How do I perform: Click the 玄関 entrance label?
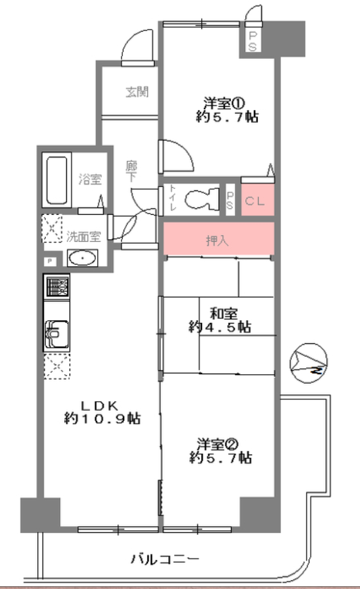pyautogui.click(x=137, y=92)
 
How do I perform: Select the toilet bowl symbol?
pyautogui.click(x=202, y=199)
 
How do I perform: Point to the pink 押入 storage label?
pyautogui.click(x=217, y=240)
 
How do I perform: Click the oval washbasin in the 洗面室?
pyautogui.click(x=82, y=258)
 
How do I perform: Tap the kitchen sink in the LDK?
pyautogui.click(x=57, y=334)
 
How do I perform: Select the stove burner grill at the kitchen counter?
pyautogui.click(x=57, y=287)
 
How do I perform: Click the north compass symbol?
pyautogui.click(x=309, y=363)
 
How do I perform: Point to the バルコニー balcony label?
pyautogui.click(x=165, y=559)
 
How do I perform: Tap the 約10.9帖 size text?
pyautogui.click(x=102, y=418)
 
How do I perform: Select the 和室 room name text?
pyautogui.click(x=224, y=313)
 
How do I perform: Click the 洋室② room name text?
pyautogui.click(x=218, y=444)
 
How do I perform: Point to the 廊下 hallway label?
pyautogui.click(x=131, y=171)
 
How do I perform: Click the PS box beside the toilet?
pyautogui.click(x=230, y=200)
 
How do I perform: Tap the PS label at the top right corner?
pyautogui.click(x=253, y=41)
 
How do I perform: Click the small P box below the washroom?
pyautogui.click(x=50, y=261)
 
